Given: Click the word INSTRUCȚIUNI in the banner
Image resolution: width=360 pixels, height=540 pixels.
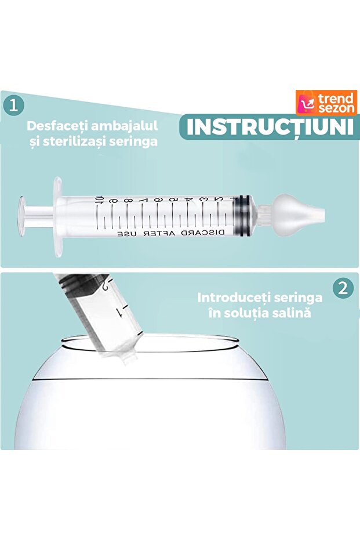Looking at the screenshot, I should [270, 127].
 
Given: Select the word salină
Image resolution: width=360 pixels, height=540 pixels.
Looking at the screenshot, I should [293, 313].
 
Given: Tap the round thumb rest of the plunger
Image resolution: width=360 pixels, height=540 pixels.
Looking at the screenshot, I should [23, 214].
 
